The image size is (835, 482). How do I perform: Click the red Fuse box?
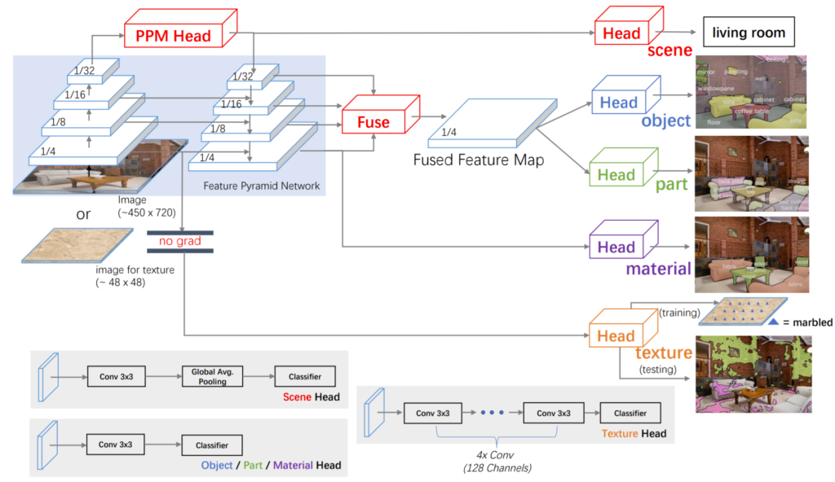tap(374, 122)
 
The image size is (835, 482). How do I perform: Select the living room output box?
tap(749, 33)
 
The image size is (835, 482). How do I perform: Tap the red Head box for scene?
tap(622, 33)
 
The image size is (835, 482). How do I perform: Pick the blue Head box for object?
tap(619, 103)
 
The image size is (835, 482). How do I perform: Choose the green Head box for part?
tap(616, 174)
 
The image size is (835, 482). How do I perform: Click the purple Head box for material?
tap(616, 247)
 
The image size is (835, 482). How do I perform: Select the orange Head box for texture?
tap(616, 335)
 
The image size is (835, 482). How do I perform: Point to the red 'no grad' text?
tap(180, 241)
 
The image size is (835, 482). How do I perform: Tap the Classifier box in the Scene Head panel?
tap(305, 376)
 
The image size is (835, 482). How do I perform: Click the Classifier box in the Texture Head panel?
tap(630, 414)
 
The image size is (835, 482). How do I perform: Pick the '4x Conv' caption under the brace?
tap(487, 455)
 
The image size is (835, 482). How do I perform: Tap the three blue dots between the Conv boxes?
tap(493, 414)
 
